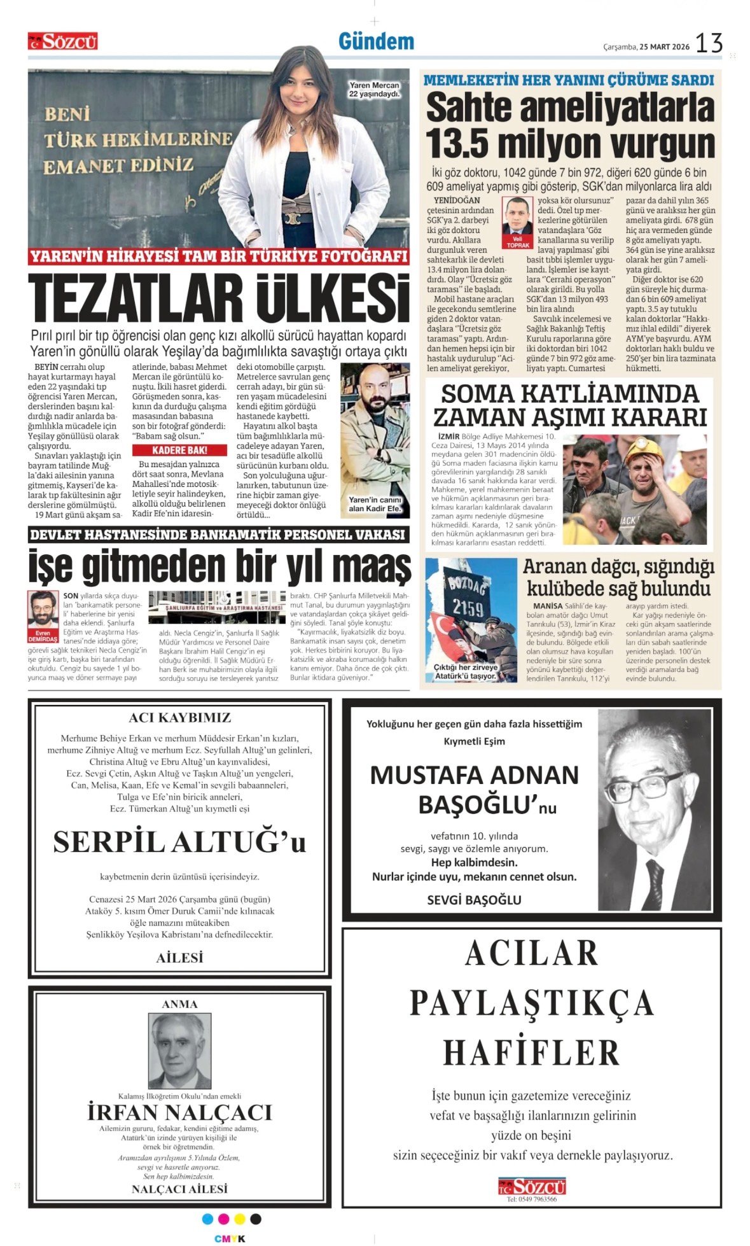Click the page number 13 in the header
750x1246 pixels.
tap(709, 43)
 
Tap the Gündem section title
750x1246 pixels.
tap(376, 42)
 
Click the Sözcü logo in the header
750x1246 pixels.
tap(62, 42)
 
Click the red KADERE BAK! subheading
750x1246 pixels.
tap(180, 450)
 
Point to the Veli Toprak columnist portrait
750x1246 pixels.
tap(517, 218)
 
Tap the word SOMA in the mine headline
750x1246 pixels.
tap(475, 394)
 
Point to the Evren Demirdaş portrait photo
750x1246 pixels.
tap(42, 610)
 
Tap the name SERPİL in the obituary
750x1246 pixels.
tap(108, 843)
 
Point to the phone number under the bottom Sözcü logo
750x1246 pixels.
tap(531, 1200)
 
